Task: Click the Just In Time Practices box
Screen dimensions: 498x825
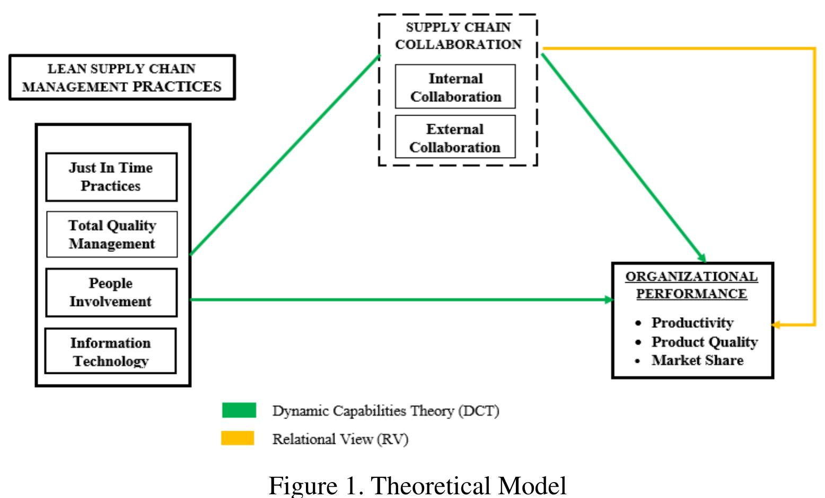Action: (x=111, y=177)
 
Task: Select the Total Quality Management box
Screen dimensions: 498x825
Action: (x=111, y=234)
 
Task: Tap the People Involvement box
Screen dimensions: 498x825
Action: (x=111, y=292)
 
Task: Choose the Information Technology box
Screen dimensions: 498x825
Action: (x=110, y=352)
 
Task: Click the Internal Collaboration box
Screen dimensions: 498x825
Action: (x=455, y=88)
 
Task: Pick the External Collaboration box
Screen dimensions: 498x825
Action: (x=455, y=138)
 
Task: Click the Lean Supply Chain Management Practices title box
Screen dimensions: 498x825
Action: (x=122, y=77)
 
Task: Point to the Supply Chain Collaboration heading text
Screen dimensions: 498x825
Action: (x=458, y=36)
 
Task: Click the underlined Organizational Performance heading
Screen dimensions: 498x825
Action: (x=691, y=285)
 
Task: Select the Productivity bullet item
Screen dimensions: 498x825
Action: (x=692, y=322)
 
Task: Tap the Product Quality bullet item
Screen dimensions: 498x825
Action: (x=704, y=342)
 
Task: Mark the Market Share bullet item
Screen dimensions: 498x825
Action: (x=697, y=360)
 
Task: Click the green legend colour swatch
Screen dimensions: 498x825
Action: (x=239, y=410)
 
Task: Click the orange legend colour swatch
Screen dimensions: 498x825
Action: (x=238, y=438)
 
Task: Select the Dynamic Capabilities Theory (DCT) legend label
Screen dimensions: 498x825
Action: (x=385, y=411)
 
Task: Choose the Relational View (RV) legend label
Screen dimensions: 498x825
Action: (x=340, y=439)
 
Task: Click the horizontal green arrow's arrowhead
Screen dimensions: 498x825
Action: (x=609, y=300)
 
